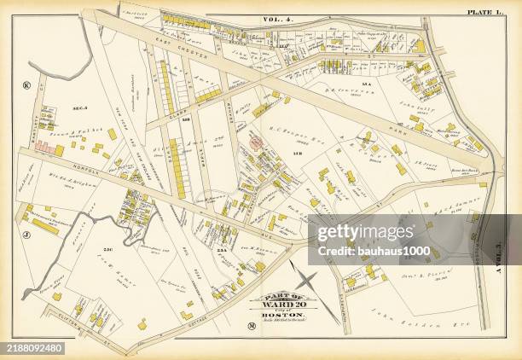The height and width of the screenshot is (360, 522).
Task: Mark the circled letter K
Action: point(26,85)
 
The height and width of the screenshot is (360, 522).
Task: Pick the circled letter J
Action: point(26,232)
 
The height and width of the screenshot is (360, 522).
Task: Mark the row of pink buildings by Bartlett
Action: point(46,148)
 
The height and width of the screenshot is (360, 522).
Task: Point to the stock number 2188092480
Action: point(32,347)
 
